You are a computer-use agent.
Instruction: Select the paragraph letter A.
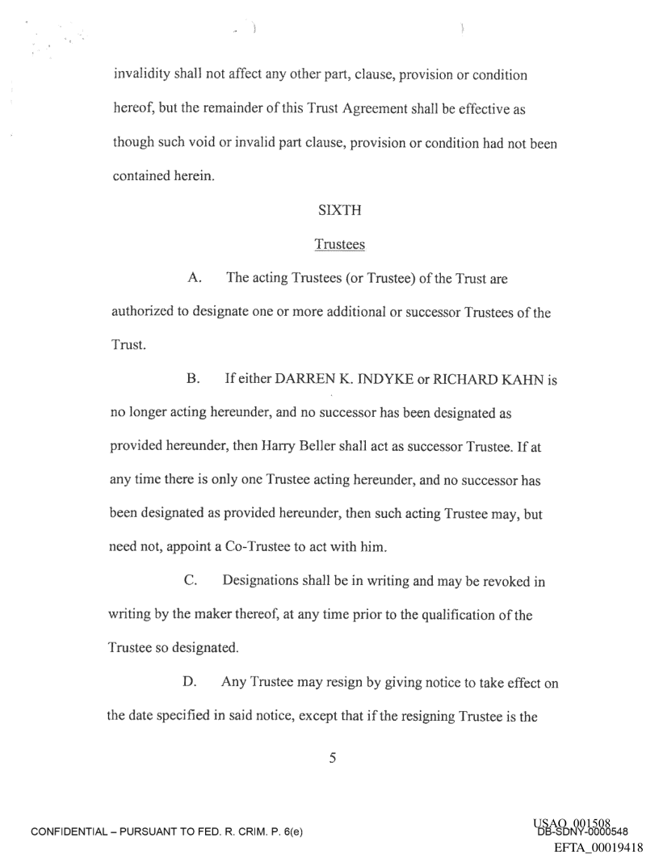194,279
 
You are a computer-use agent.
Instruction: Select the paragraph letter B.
194,372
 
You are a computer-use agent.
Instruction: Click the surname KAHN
510,372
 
